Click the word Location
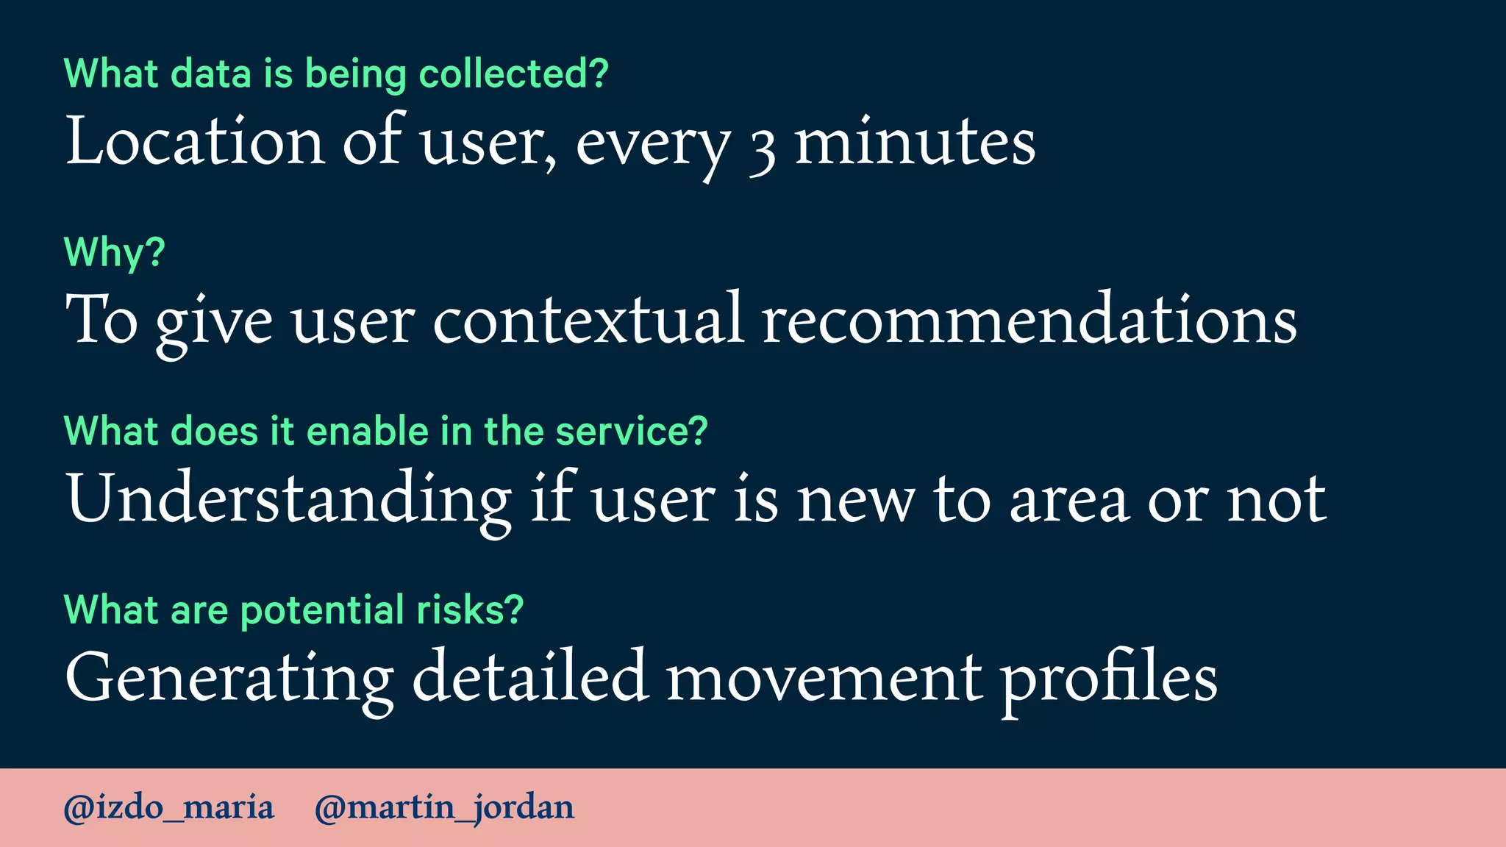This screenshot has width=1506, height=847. pyautogui.click(x=195, y=140)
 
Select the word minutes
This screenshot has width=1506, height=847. pyautogui.click(x=916, y=140)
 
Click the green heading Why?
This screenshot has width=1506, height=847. pyautogui.click(x=115, y=252)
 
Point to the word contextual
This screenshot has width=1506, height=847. pyautogui.click(x=588, y=319)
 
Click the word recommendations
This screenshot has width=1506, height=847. pyautogui.click(x=1029, y=319)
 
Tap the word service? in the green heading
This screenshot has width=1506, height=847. pyautogui.click(x=632, y=431)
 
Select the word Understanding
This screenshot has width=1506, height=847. pyautogui.click(x=288, y=498)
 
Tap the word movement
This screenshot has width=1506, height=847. pyautogui.click(x=824, y=678)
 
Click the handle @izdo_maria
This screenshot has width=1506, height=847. pyautogui.click(x=169, y=807)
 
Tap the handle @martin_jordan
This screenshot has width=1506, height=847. pyautogui.click(x=444, y=807)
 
